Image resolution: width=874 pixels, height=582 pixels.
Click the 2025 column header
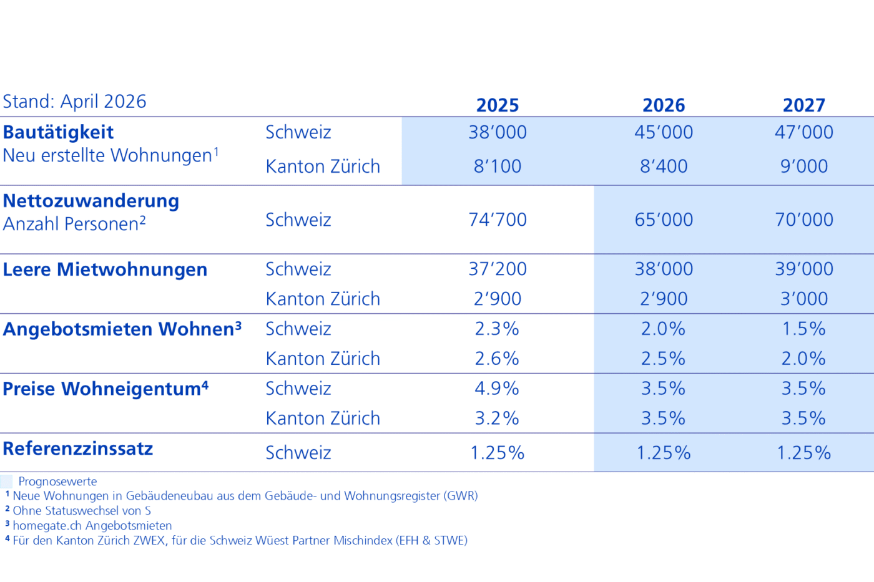[x=498, y=105]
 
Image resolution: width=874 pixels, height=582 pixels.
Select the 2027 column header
[x=804, y=105]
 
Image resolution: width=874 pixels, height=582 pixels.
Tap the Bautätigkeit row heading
[x=58, y=132]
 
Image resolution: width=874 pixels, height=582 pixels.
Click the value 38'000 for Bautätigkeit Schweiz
[x=498, y=132]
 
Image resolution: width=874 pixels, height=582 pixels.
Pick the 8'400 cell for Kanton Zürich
[x=663, y=166]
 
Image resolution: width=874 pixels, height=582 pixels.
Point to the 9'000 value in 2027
[x=804, y=166]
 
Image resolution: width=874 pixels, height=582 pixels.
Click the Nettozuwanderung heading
[x=91, y=201]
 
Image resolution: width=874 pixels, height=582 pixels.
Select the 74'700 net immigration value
[x=498, y=220]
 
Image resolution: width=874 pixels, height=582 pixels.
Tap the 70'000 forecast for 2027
[x=804, y=220]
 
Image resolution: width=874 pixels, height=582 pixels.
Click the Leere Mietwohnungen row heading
[x=105, y=269]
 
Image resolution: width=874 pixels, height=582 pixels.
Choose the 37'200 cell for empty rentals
[x=498, y=269]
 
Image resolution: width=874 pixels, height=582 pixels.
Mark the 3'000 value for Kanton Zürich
[x=804, y=299]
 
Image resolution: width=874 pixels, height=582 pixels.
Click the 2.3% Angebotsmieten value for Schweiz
[x=497, y=329]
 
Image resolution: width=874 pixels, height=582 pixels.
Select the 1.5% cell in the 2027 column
[x=804, y=329]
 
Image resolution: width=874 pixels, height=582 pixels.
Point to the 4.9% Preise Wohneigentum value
[x=497, y=388]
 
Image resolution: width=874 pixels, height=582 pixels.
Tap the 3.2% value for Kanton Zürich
[x=497, y=419]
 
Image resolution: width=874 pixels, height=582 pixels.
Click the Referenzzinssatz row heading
[x=77, y=449]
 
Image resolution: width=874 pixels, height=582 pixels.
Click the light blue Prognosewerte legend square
[x=6, y=482]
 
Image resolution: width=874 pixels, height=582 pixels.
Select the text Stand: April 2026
[x=74, y=101]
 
